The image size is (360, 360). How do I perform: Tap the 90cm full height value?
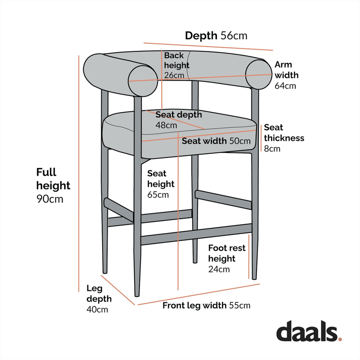pos(49,199)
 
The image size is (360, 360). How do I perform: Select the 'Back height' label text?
pos(176,61)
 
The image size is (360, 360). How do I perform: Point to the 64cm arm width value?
pos(285,86)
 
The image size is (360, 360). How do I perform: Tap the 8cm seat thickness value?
pos(272,148)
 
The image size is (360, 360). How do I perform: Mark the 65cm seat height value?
pos(158,195)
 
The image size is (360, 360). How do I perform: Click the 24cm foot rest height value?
pos(219,270)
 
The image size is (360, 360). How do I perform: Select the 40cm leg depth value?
pos(97,310)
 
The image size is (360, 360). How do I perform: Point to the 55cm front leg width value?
pos(239,306)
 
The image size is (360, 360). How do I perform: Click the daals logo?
pos(308,331)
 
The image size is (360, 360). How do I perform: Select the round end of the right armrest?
pos(260,74)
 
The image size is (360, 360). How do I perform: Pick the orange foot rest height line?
pos(249,256)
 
